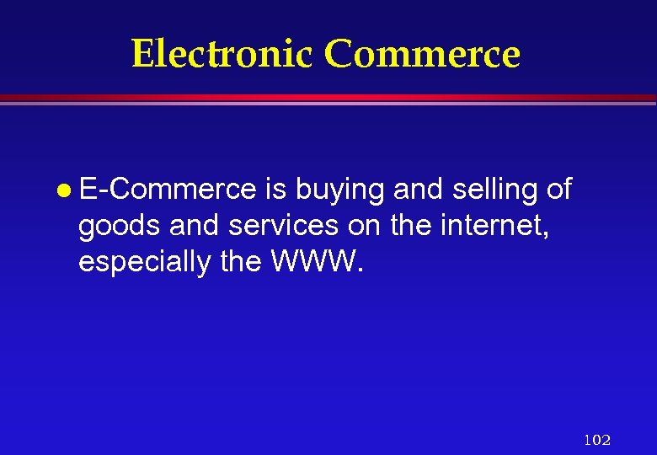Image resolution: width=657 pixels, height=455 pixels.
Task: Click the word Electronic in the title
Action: [222, 54]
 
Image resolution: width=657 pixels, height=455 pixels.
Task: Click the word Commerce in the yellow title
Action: [422, 54]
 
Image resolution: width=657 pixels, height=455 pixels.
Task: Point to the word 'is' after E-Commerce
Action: [275, 190]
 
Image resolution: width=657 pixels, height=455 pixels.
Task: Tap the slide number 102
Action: [596, 439]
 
